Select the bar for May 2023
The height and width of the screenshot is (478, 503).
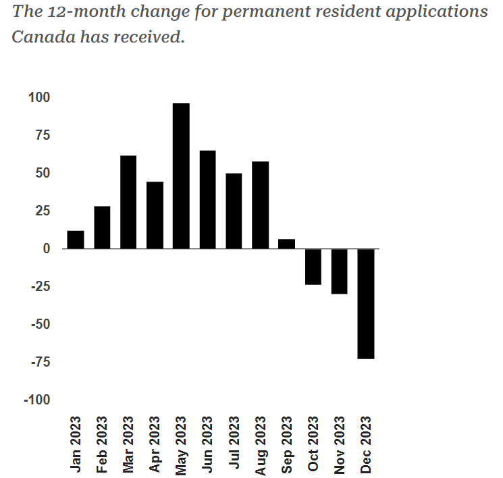pyautogui.click(x=181, y=176)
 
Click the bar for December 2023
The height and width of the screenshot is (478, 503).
pyautogui.click(x=366, y=304)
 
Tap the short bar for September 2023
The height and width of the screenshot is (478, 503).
pyautogui.click(x=287, y=244)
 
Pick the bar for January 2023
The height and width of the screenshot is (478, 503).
pyautogui.click(x=76, y=240)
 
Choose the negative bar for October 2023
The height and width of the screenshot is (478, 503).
pyautogui.click(x=313, y=267)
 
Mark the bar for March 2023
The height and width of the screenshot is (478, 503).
pyautogui.click(x=128, y=202)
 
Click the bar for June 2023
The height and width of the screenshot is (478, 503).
pyautogui.click(x=207, y=199)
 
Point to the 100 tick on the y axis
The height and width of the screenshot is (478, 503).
pyautogui.click(x=39, y=97)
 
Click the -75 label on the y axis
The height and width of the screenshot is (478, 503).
pyautogui.click(x=39, y=363)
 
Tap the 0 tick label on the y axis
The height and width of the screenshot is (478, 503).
pyautogui.click(x=47, y=248)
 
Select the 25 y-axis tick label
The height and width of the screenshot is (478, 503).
pyautogui.click(x=43, y=211)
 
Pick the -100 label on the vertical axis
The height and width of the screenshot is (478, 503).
pyautogui.click(x=36, y=400)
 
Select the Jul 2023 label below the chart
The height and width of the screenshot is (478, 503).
pyautogui.click(x=234, y=446)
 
